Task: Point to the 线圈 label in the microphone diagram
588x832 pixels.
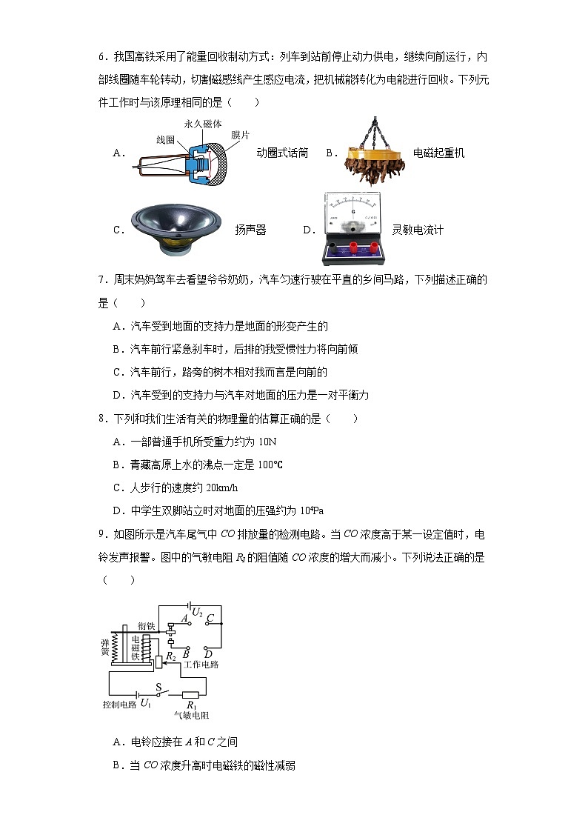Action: [x=165, y=139]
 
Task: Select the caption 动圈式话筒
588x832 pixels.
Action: [x=281, y=153]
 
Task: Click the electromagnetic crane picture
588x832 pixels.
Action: [x=374, y=148]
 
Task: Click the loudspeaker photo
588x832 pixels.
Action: [x=176, y=226]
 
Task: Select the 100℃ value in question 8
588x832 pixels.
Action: [x=270, y=465]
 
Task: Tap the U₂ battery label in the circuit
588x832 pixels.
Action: [x=197, y=611]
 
